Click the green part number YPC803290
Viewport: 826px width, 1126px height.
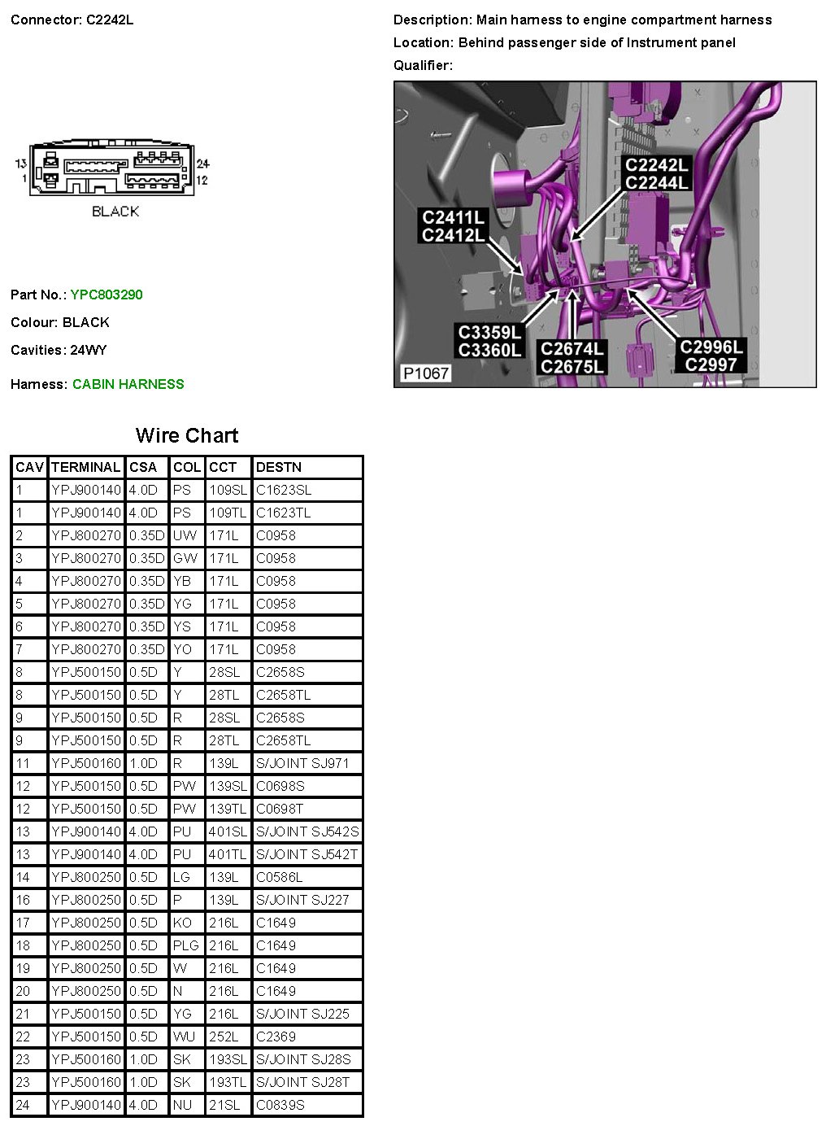point(107,295)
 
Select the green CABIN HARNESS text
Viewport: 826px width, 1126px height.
point(128,384)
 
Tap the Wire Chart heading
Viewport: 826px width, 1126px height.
point(187,435)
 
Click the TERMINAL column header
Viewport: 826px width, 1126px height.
point(85,467)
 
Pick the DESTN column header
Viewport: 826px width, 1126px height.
point(278,467)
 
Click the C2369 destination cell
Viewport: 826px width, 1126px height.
point(276,1037)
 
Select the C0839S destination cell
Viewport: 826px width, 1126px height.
point(280,1105)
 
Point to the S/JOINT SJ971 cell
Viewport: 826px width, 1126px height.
point(302,763)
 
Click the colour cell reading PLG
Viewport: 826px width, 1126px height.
point(185,945)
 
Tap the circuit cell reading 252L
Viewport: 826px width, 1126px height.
point(224,1037)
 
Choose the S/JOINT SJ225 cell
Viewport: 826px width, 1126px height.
point(302,1014)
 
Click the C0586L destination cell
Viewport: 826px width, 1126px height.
point(279,877)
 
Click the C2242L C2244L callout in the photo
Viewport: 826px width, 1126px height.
point(656,173)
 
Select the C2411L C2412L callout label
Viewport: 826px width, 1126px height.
point(454,226)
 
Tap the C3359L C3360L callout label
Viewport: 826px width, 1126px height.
point(489,341)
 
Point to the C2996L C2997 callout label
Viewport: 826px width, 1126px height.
point(711,356)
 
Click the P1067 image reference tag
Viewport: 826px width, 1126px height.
point(426,373)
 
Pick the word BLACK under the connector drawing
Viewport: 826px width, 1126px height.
point(115,212)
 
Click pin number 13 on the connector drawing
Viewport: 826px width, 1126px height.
point(20,164)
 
